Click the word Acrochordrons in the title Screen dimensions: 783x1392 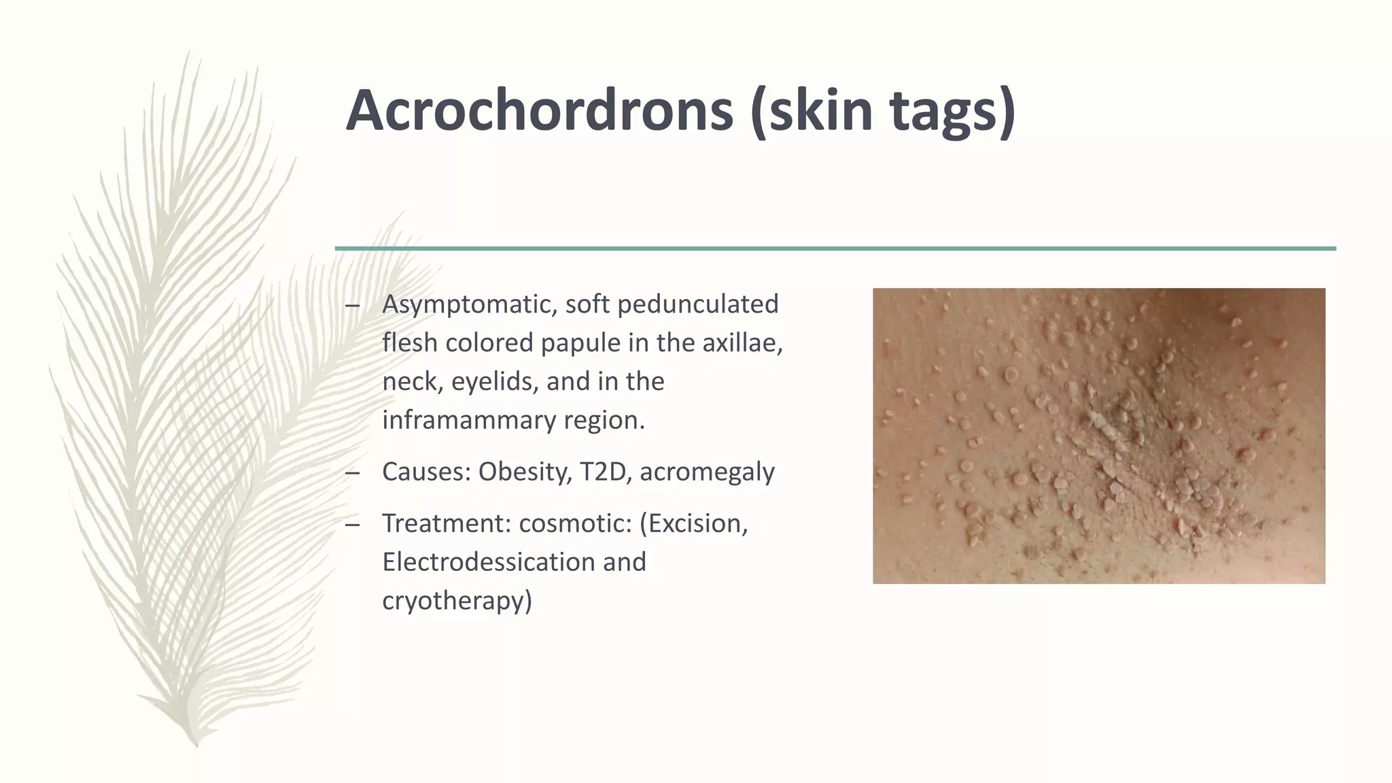click(x=540, y=110)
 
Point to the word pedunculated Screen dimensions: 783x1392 click(x=697, y=304)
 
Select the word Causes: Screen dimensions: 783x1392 click(x=426, y=472)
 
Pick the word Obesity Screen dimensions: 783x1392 click(x=525, y=472)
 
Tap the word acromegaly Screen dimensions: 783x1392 click(x=707, y=472)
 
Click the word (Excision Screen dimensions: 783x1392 click(x=693, y=523)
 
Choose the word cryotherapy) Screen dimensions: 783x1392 click(x=457, y=601)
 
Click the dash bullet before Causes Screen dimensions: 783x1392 click(x=352, y=472)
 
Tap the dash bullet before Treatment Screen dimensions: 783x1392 click(x=352, y=524)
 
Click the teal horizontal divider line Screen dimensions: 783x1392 click(x=835, y=249)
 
